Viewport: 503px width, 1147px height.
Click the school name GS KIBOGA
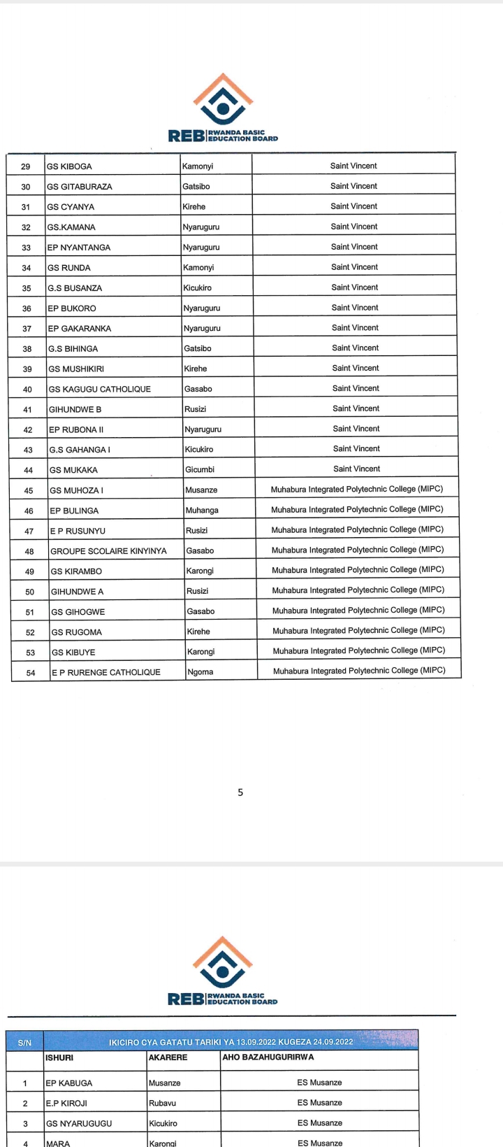click(69, 166)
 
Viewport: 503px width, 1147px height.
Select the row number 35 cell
click(27, 288)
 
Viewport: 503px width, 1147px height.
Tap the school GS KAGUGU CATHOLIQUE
click(99, 389)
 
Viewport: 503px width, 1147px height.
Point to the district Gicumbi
click(200, 470)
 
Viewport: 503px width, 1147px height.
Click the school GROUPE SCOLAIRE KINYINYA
click(108, 551)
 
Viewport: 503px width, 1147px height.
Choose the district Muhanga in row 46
click(202, 511)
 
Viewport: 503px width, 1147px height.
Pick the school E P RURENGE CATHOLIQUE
click(105, 672)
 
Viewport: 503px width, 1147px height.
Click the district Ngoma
click(201, 672)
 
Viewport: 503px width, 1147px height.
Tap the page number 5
click(241, 792)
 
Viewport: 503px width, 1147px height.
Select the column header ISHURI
click(59, 1057)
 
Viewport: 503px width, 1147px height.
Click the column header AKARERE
click(168, 1057)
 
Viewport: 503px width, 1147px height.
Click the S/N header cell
click(24, 1043)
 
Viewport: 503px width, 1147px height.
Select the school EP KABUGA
click(69, 1083)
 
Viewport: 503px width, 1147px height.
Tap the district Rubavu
click(163, 1104)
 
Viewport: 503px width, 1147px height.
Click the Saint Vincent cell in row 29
click(353, 166)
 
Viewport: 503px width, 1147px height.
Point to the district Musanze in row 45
click(202, 490)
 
